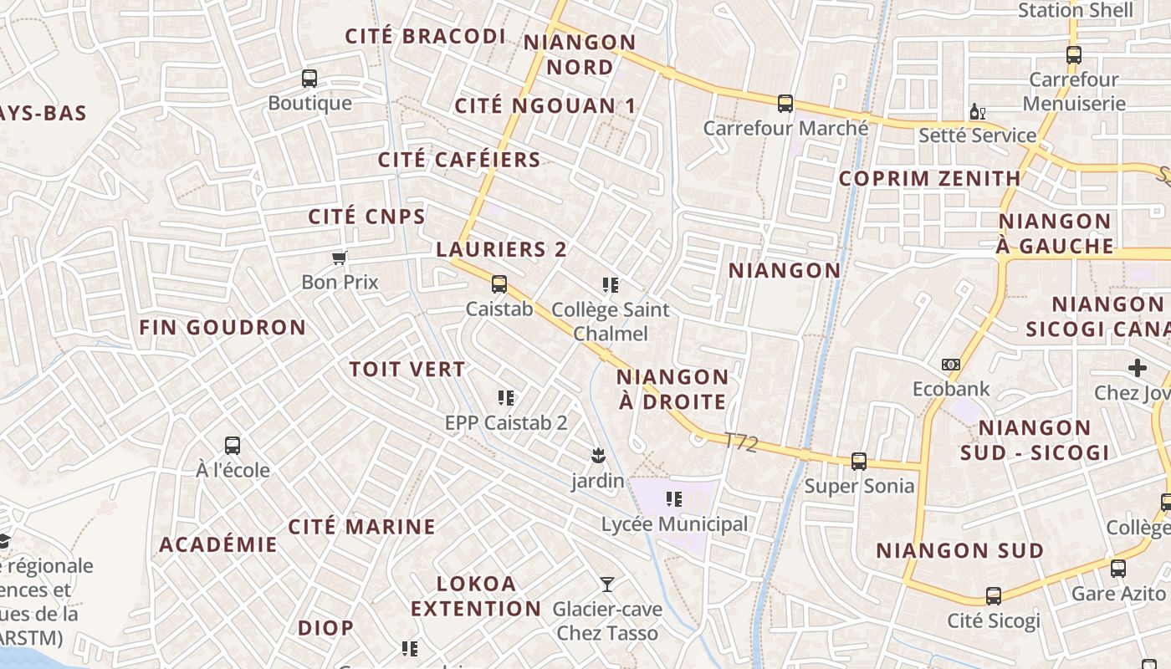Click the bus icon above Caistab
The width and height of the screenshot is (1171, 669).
pos(499,284)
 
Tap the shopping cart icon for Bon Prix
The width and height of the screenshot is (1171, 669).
pos(340,258)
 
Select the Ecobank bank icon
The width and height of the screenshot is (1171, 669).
pos(951,365)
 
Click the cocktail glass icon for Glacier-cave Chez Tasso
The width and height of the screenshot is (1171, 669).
pos(607,585)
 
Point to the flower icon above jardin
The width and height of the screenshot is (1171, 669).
pos(598,456)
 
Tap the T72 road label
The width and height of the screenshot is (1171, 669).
pos(741,442)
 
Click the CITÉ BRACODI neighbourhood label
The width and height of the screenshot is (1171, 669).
pos(426,36)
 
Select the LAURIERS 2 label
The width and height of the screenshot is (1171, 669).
pos(501,249)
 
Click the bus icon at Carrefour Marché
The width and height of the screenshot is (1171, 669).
pos(785,104)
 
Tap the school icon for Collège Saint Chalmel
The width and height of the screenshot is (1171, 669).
pos(611,285)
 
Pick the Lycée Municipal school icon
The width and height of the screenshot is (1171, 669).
pos(674,500)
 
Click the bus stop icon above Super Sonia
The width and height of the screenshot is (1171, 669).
pos(859,462)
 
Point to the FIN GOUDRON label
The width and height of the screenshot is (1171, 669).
pos(222,327)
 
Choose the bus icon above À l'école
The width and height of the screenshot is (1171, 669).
pos(233,446)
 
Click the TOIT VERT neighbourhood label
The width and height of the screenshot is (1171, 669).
pos(407,369)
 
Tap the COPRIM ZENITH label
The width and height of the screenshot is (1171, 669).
pos(929,178)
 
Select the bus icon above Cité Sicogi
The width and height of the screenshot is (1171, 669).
pos(994,596)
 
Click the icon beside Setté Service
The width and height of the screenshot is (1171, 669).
pos(977,111)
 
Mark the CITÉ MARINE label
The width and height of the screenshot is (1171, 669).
pos(361,527)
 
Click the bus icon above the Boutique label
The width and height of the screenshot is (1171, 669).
pos(309,79)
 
